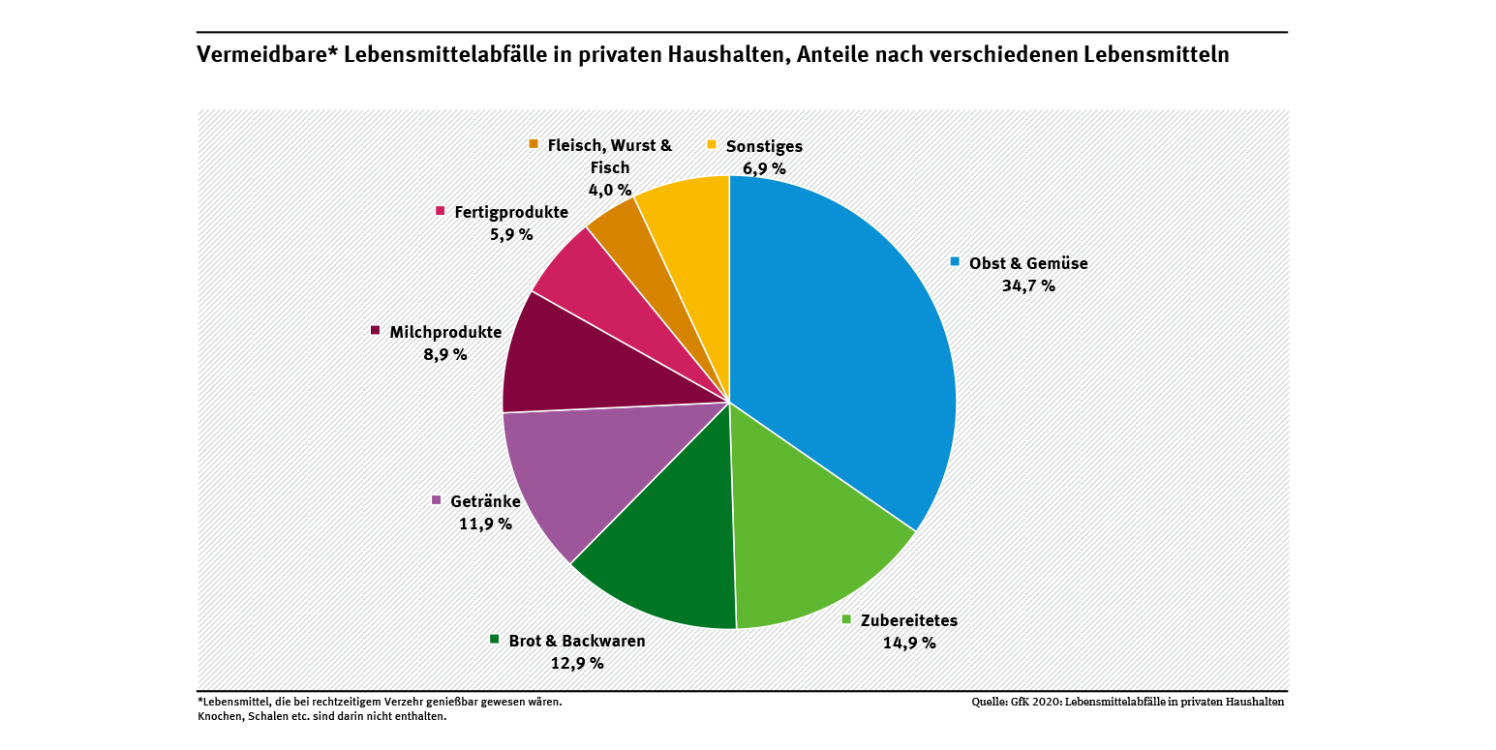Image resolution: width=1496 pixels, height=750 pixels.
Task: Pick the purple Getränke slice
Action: [571, 474]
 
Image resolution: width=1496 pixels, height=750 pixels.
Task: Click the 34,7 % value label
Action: [1028, 285]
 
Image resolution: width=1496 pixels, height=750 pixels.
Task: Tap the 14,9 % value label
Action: [908, 643]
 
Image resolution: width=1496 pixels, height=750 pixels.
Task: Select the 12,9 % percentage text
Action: [576, 663]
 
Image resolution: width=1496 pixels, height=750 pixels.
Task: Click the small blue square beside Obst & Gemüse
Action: [955, 261]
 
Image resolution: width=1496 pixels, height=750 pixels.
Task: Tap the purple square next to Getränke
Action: [437, 500]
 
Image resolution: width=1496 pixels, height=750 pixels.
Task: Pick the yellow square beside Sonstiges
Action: [712, 145]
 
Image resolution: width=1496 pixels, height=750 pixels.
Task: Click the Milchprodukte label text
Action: [445, 332]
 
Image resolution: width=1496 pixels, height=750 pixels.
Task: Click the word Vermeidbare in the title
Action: [252, 55]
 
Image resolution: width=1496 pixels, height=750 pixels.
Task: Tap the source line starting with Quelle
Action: [1128, 703]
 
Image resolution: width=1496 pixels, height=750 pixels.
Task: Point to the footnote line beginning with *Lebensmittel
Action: [379, 702]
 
